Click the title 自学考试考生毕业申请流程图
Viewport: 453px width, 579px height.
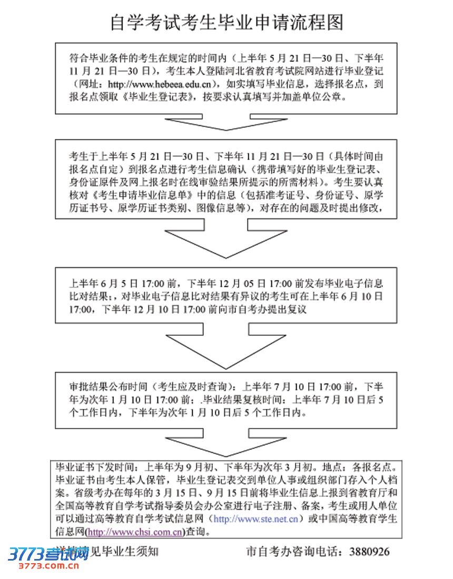point(226,22)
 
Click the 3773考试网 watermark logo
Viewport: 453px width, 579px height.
point(47,554)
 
